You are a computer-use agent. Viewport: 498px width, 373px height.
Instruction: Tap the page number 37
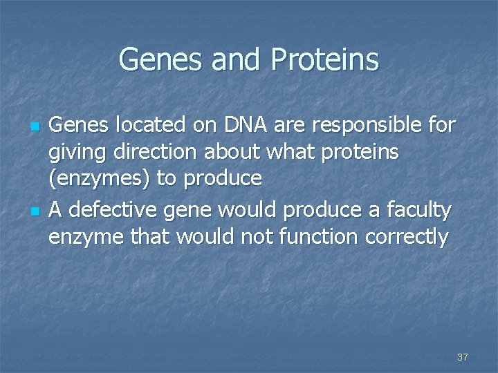(463, 357)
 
